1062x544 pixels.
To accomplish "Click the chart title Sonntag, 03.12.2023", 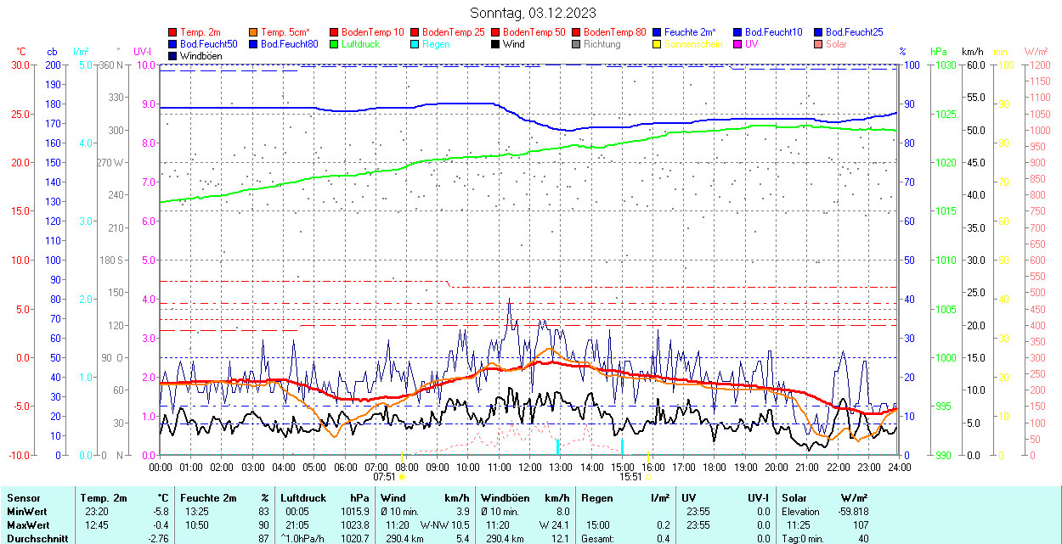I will [x=533, y=13].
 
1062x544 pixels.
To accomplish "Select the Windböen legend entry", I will [x=199, y=56].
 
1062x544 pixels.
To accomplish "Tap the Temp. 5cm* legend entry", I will [x=285, y=32].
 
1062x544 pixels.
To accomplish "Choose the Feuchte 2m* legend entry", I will [x=692, y=32].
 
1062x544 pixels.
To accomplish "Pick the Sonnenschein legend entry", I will [x=693, y=44].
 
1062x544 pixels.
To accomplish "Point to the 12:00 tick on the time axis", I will [x=530, y=467].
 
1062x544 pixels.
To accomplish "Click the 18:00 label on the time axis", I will [x=715, y=467].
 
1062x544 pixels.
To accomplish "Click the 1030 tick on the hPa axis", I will [x=943, y=65].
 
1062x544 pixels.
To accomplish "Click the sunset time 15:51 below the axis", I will [x=630, y=477].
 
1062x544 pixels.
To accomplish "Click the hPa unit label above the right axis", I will [x=938, y=52].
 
